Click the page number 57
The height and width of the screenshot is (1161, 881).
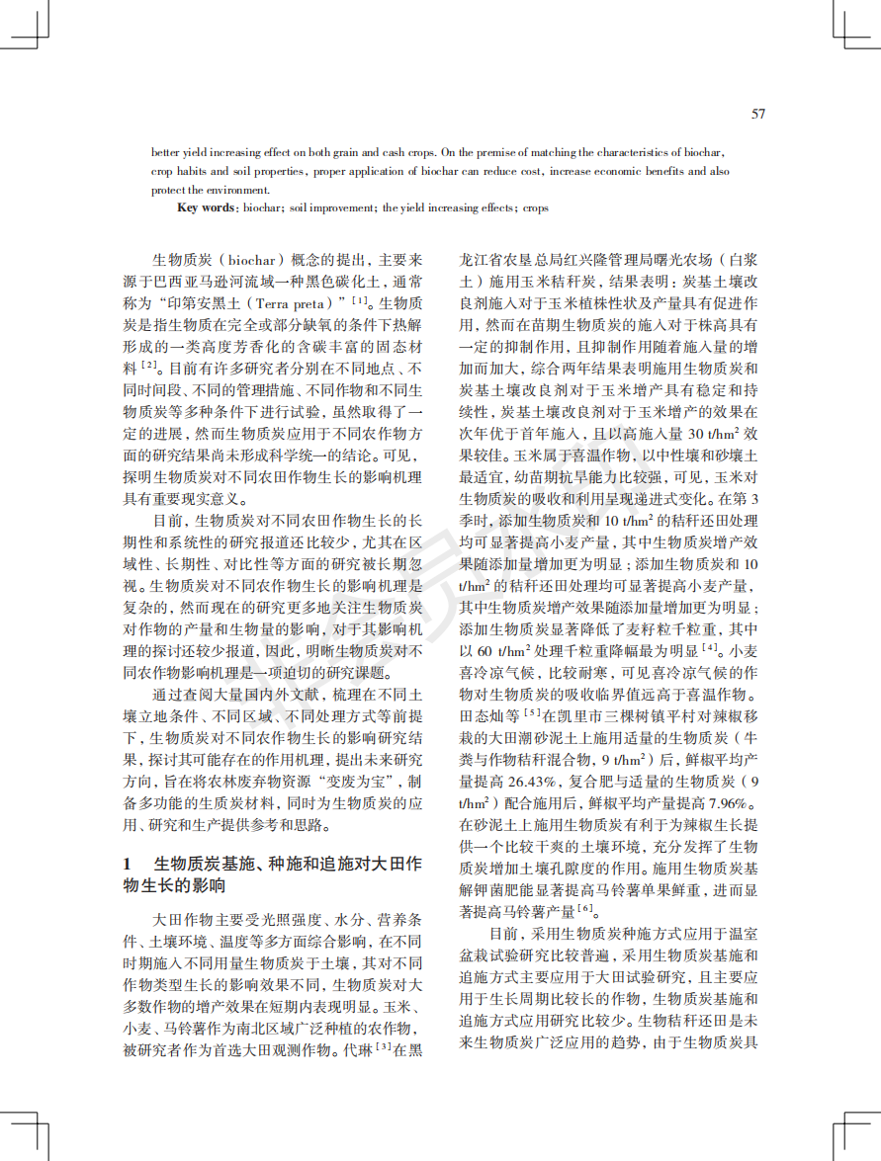click(758, 114)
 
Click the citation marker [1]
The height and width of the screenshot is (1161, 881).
click(360, 299)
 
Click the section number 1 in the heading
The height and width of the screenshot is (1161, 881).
click(128, 865)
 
